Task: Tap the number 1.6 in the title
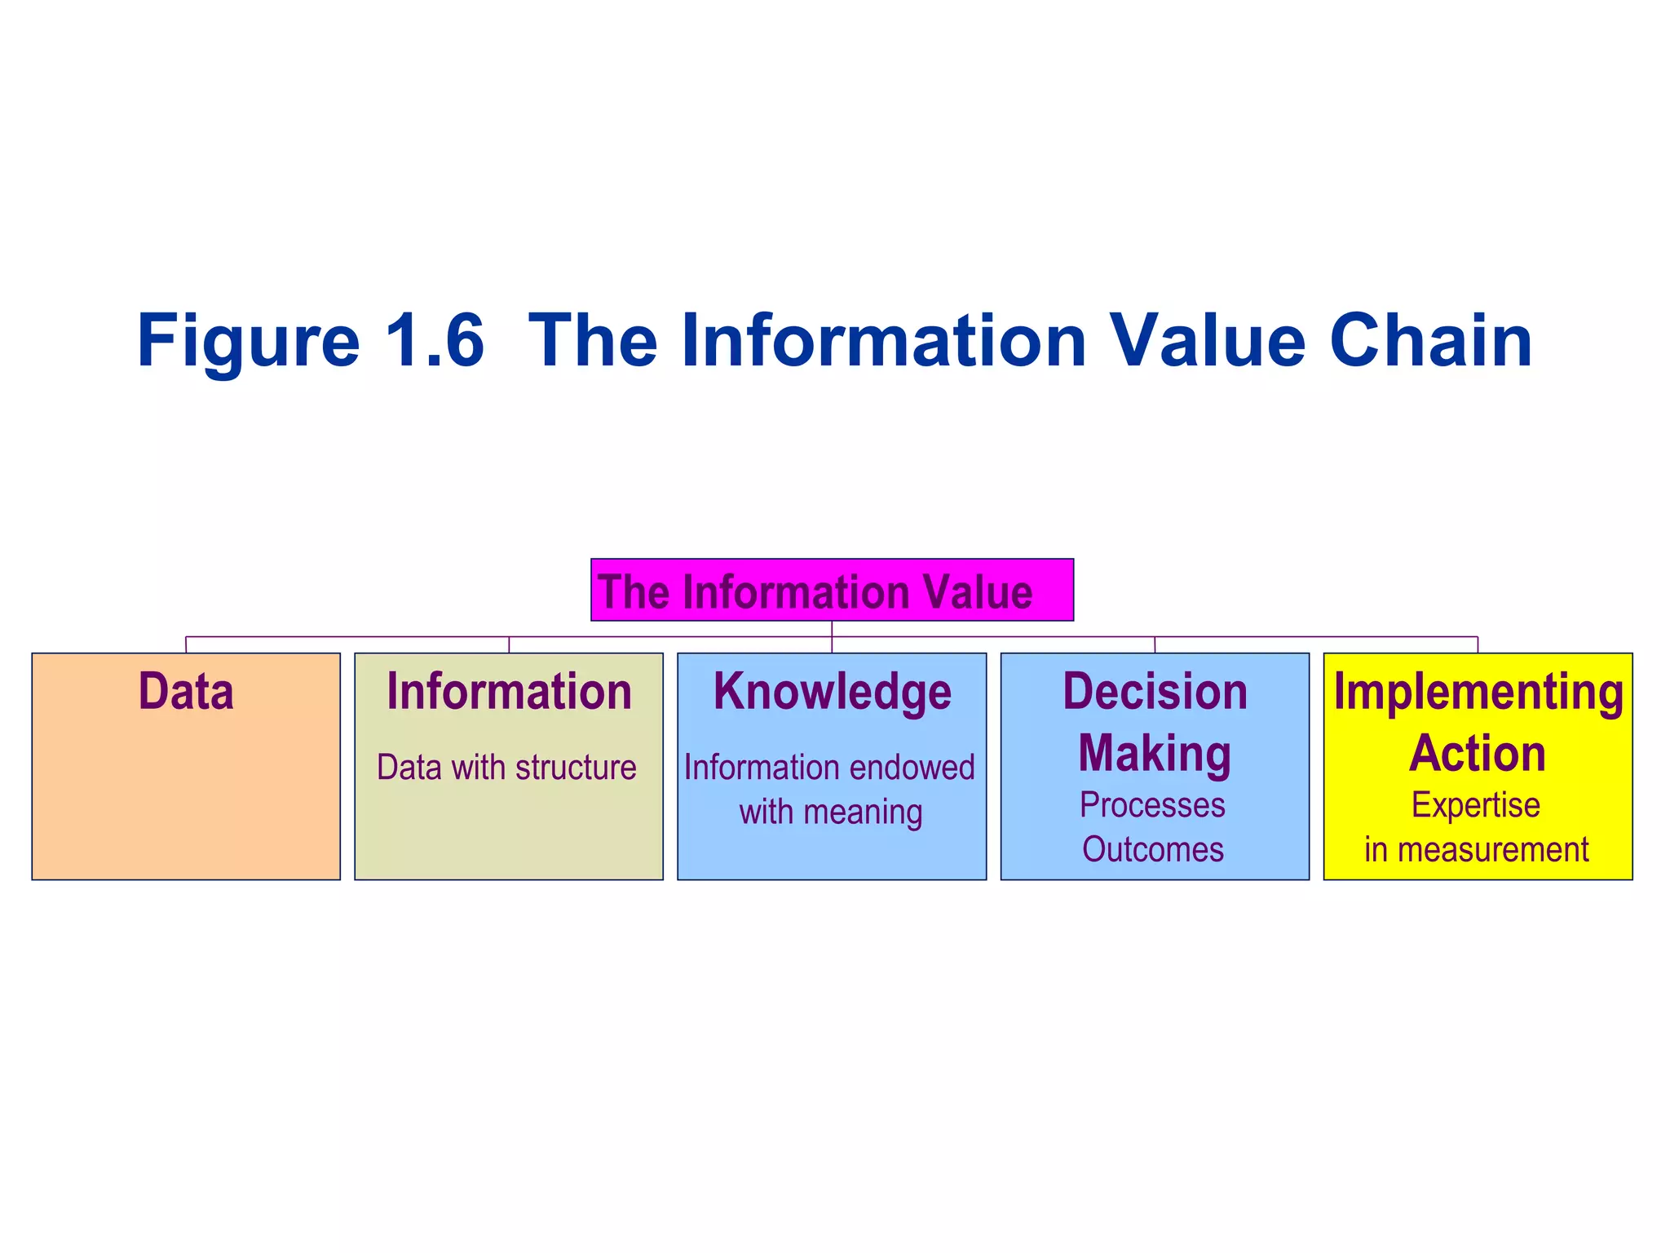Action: [x=434, y=341]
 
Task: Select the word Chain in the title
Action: [x=1430, y=341]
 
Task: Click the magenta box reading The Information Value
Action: [x=832, y=590]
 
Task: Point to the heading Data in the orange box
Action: [x=186, y=692]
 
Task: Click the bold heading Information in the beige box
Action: [x=509, y=692]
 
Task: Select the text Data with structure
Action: [x=506, y=768]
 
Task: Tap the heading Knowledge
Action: [x=832, y=692]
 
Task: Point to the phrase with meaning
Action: [x=831, y=812]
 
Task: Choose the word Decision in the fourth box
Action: [x=1155, y=692]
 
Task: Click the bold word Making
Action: [x=1155, y=753]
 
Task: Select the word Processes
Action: [x=1152, y=805]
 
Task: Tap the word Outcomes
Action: [x=1153, y=850]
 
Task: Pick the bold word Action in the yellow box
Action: [x=1478, y=753]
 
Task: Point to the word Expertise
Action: [x=1476, y=805]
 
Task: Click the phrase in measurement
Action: [x=1477, y=850]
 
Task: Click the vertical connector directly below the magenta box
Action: [x=832, y=629]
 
